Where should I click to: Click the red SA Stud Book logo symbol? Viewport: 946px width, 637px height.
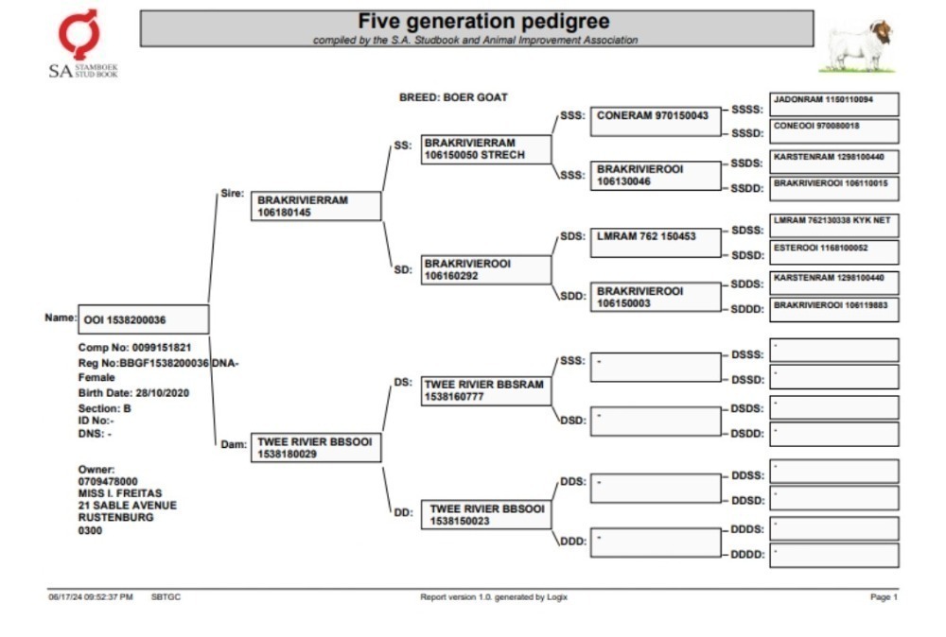coord(79,34)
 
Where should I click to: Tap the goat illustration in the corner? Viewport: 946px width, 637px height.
coord(857,47)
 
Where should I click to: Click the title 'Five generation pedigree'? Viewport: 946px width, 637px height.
coord(483,21)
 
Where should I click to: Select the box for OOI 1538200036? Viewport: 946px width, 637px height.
coord(144,319)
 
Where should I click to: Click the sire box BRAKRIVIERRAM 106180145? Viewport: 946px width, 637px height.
coord(316,206)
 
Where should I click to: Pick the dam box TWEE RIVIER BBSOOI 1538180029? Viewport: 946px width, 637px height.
coord(316,448)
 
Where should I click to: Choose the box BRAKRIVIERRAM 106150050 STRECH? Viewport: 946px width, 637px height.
coord(485,149)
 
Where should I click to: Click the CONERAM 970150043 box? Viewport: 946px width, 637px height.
coord(656,121)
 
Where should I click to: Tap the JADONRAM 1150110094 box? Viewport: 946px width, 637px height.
coord(833,104)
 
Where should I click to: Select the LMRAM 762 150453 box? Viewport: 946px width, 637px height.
coord(656,242)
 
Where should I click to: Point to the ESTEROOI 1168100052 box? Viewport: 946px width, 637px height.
coord(833,252)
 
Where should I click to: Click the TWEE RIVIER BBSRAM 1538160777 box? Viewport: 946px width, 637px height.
coord(485,390)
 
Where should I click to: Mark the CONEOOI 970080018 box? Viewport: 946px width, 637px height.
coord(833,130)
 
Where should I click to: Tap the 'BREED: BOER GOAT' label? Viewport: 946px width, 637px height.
coord(453,97)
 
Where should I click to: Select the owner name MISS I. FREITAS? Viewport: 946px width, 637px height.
coord(120,493)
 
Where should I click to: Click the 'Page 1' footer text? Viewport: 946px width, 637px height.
coord(884,596)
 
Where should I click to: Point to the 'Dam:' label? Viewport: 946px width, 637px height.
coord(234,444)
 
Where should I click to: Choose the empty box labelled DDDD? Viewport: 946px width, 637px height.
coord(833,556)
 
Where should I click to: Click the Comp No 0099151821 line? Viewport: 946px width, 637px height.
coord(134,347)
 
